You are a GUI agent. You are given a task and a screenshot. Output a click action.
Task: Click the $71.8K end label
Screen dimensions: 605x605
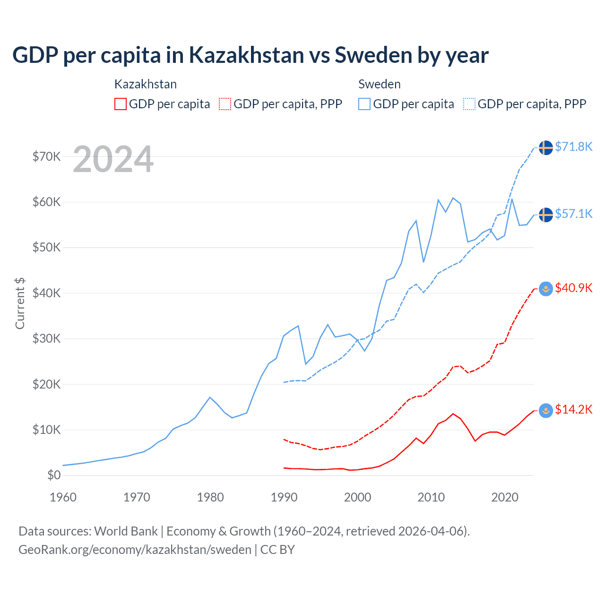[x=573, y=147]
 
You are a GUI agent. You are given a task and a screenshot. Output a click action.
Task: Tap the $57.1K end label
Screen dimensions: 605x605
[x=573, y=214]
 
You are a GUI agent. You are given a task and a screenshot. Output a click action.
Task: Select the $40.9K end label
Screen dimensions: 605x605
[x=573, y=288]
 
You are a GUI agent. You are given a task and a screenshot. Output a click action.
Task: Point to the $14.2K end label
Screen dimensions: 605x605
[x=573, y=409]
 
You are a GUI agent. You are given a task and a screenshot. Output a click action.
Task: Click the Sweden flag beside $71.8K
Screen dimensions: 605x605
[x=546, y=147]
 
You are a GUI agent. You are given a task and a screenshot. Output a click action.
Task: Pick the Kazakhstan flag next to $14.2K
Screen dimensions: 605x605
[x=546, y=410]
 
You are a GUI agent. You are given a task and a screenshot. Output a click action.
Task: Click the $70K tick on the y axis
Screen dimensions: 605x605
[x=46, y=156]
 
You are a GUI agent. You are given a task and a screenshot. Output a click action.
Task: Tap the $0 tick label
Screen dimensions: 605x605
[x=54, y=475]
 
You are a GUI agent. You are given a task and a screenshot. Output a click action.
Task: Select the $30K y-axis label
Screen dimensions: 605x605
[x=46, y=338]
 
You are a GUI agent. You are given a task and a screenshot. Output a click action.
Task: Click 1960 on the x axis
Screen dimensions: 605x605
[x=63, y=497]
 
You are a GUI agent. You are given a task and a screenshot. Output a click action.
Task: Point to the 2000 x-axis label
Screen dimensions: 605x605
[x=358, y=497]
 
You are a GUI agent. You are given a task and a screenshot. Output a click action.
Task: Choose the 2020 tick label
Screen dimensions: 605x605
[x=505, y=497]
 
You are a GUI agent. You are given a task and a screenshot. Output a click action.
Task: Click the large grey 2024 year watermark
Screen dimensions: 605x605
[x=113, y=159]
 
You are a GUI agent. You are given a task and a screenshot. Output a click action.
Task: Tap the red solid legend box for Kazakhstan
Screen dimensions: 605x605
[x=121, y=104]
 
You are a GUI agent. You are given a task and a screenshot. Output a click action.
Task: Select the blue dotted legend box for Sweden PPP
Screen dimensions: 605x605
[x=469, y=104]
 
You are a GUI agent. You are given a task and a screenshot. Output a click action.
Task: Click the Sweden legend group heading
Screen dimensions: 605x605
[x=380, y=84]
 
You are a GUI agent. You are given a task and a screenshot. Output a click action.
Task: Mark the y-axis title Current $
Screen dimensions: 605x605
[x=20, y=303]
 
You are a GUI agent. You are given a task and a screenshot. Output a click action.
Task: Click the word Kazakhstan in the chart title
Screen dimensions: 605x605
[x=247, y=55]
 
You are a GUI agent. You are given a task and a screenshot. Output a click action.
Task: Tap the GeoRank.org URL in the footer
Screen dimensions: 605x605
[x=135, y=550]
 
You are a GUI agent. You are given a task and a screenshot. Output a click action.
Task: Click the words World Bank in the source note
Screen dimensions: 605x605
[x=126, y=531]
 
